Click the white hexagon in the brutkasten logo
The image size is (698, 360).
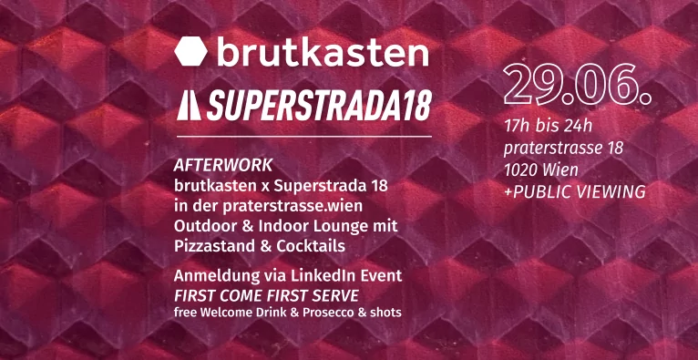(191, 51)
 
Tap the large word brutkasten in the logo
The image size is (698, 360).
(323, 51)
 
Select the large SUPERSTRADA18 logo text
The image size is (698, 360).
(319, 107)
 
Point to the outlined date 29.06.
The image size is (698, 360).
(578, 86)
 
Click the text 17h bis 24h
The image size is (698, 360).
(549, 127)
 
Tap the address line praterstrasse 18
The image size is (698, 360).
(563, 149)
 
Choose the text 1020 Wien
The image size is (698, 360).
(541, 170)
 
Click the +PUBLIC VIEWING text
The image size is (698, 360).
(575, 191)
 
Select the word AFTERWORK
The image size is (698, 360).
(223, 166)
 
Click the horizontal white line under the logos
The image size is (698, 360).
(304, 136)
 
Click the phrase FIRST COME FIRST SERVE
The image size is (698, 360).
(266, 295)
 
